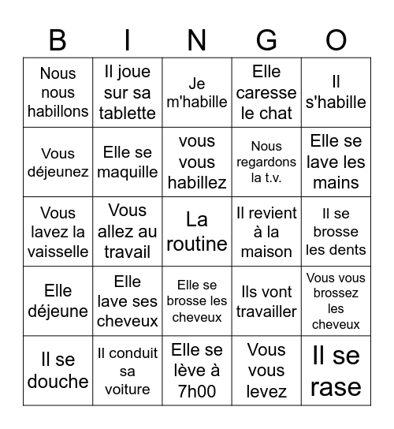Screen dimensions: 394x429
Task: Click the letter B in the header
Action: pyautogui.click(x=58, y=39)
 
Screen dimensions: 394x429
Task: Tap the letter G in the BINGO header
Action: pyautogui.click(x=266, y=39)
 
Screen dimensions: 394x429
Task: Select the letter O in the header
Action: pyautogui.click(x=336, y=39)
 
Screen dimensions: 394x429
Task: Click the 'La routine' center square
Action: pyautogui.click(x=197, y=231)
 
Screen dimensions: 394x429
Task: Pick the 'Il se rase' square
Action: pyautogui.click(x=336, y=371)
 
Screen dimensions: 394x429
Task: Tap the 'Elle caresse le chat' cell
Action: pyautogui.click(x=266, y=92)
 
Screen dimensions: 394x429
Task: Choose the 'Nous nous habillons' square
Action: pyautogui.click(x=58, y=92)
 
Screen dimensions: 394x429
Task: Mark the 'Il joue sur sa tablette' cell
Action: pyautogui.click(x=127, y=92)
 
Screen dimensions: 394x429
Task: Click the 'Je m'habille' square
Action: pyautogui.click(x=197, y=92)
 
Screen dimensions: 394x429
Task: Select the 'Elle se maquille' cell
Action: pyautogui.click(x=127, y=162)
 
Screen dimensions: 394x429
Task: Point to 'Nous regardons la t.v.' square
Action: pyautogui.click(x=266, y=162)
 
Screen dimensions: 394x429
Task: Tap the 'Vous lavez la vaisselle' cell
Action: pyautogui.click(x=58, y=231)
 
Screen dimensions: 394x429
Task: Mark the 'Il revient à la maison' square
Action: pyautogui.click(x=266, y=231)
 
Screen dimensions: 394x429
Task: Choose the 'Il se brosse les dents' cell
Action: pyautogui.click(x=336, y=231)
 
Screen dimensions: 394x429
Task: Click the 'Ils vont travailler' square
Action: pyautogui.click(x=266, y=301)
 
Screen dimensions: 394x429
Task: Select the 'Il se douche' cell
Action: pyautogui.click(x=58, y=371)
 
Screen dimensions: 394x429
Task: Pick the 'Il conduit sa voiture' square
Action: pyautogui.click(x=127, y=371)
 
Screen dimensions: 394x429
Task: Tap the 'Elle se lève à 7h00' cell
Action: pyautogui.click(x=197, y=371)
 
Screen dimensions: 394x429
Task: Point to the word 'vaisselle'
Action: pyautogui.click(x=58, y=252)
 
